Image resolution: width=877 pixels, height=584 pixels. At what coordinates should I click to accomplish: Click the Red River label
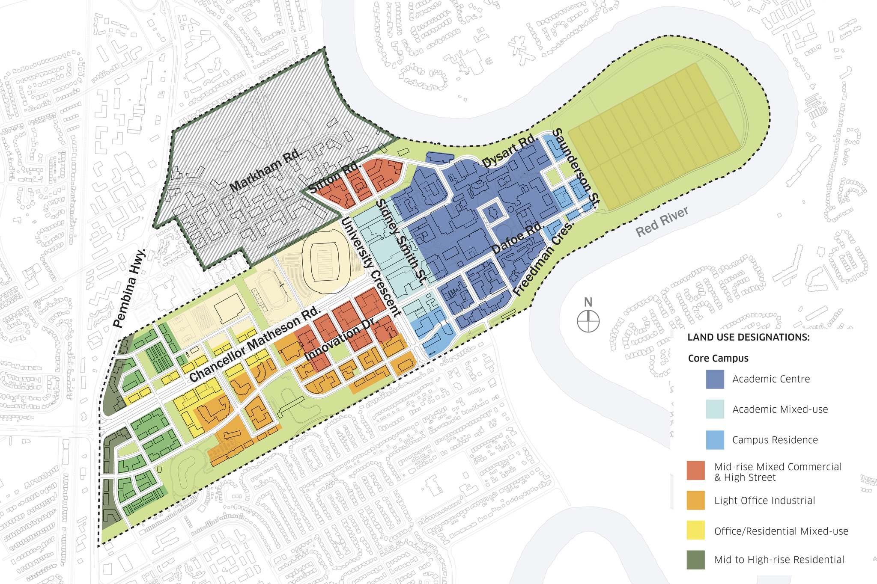tap(662, 222)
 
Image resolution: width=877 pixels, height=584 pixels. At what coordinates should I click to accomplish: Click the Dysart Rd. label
tap(509, 151)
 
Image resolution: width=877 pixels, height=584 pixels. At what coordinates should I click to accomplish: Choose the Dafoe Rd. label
tap(517, 237)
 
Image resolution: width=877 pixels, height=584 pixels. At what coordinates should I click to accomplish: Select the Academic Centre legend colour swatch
tap(715, 379)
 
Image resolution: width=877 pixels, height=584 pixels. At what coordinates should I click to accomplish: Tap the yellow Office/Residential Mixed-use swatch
tap(695, 531)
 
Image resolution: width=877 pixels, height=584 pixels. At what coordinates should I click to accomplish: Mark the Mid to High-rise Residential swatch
tap(695, 560)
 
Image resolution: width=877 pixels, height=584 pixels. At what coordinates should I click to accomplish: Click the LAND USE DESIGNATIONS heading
tap(748, 337)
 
